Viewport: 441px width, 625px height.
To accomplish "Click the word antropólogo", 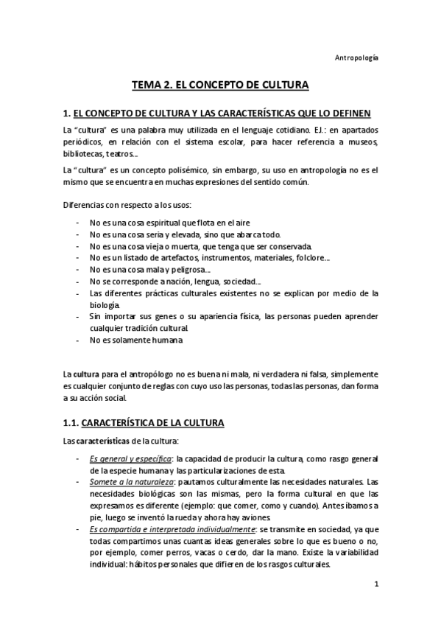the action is pyautogui.click(x=142, y=374).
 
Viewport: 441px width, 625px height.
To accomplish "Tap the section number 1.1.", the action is pyautogui.click(x=68, y=424).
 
